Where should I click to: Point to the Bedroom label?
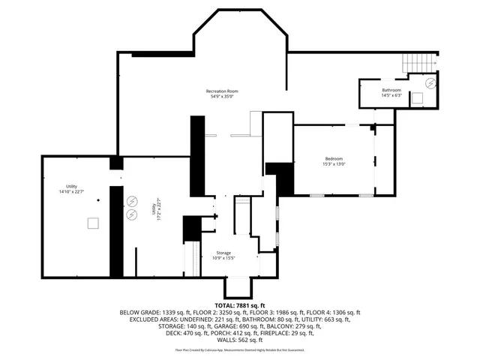[x=334, y=158]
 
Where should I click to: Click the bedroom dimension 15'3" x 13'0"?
[x=334, y=163]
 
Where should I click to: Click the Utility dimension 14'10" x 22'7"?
[x=71, y=192]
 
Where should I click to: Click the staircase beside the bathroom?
[x=414, y=65]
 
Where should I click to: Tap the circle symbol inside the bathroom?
[x=430, y=82]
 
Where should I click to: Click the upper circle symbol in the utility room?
[x=133, y=201]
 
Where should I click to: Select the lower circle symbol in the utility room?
[x=133, y=215]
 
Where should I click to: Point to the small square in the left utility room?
[x=92, y=222]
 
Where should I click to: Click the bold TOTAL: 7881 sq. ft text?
[x=240, y=305]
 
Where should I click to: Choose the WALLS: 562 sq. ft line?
[x=240, y=340]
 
